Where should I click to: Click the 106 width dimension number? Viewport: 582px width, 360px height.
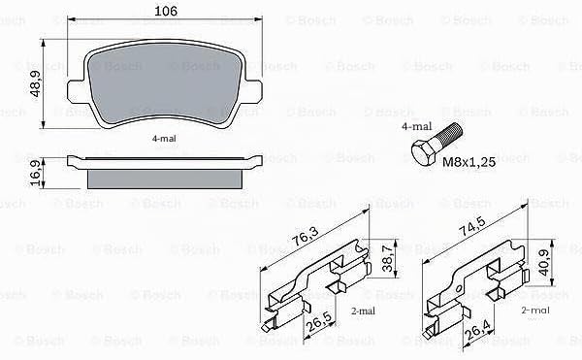pos(166,11)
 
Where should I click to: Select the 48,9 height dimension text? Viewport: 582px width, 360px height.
pos(35,84)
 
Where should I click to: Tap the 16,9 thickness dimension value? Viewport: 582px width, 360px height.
pos(35,174)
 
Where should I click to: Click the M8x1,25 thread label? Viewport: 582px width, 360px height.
pos(469,162)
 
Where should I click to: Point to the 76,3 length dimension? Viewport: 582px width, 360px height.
pos(305,236)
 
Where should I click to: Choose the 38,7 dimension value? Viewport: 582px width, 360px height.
pos(387,258)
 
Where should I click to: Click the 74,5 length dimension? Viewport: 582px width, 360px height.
pos(472,226)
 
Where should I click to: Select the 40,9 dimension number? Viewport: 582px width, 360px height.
pos(544,262)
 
